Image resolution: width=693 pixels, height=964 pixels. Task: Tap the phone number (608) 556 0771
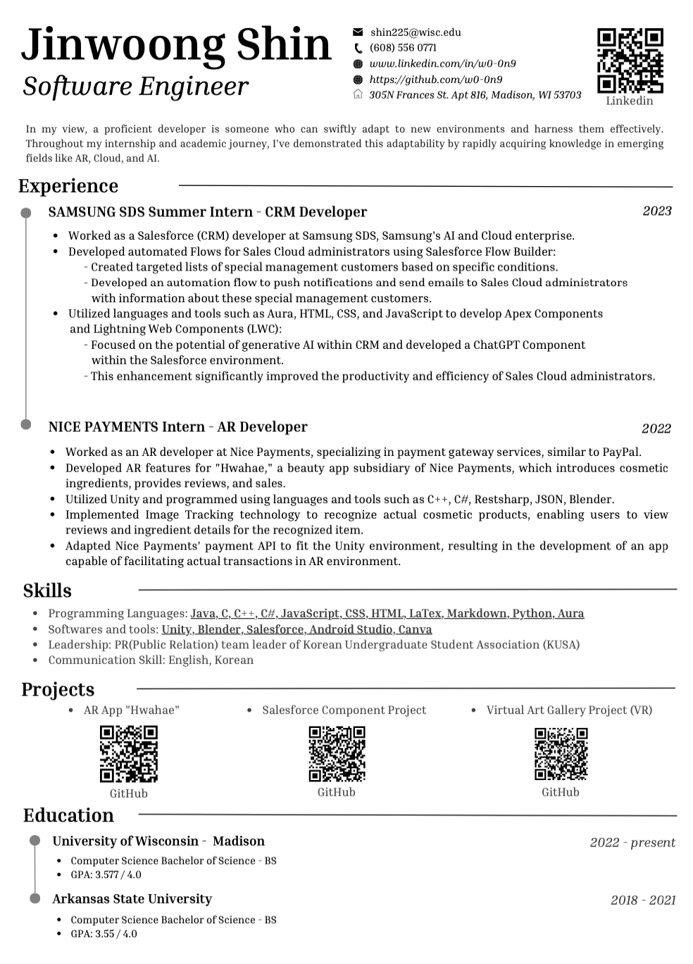[403, 48]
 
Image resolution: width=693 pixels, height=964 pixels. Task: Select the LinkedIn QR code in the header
[630, 61]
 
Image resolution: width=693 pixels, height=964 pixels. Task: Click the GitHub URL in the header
[436, 80]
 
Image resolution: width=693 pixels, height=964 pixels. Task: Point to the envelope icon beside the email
[358, 32]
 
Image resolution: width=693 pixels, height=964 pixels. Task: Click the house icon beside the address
[358, 95]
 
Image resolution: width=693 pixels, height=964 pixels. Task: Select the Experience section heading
[68, 186]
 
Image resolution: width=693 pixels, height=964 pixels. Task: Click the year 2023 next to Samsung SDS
[656, 211]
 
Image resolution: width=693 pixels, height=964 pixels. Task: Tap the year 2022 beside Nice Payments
[656, 428]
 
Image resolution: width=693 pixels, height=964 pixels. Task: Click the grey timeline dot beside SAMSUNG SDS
[26, 213]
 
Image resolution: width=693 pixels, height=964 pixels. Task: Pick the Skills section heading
[47, 591]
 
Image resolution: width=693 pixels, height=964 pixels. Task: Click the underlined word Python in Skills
[532, 613]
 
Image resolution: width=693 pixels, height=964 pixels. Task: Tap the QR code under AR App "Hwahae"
[128, 754]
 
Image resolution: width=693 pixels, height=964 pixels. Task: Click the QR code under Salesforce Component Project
[337, 753]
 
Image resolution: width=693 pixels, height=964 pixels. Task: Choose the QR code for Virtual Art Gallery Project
[561, 753]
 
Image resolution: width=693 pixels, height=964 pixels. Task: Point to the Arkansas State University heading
[132, 898]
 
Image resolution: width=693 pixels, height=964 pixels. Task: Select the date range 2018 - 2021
[642, 900]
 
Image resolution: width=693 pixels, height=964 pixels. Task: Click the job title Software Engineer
[136, 87]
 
